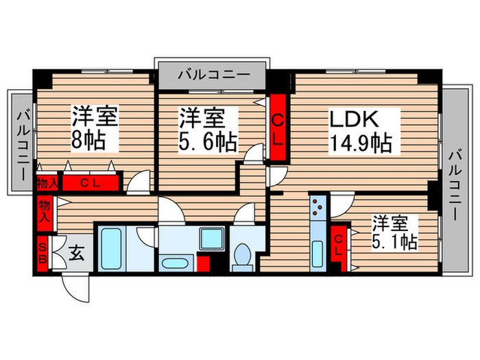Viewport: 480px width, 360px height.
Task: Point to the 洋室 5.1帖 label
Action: click(394, 232)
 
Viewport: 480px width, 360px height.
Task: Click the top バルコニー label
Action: click(214, 75)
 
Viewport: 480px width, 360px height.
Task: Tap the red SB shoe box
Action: click(43, 254)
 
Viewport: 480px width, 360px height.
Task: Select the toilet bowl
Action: click(243, 257)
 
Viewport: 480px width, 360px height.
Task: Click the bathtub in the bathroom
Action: click(111, 249)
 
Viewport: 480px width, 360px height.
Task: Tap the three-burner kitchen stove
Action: click(318, 207)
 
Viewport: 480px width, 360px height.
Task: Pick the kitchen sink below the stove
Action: click(317, 254)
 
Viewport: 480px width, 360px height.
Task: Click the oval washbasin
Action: click(174, 263)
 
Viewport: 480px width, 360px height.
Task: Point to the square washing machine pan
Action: click(212, 239)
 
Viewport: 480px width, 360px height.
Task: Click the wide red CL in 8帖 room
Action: click(91, 183)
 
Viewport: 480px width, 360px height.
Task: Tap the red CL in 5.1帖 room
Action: click(338, 244)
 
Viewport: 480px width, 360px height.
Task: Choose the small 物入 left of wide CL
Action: click(47, 183)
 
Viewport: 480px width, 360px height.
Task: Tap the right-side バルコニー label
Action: click(455, 184)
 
